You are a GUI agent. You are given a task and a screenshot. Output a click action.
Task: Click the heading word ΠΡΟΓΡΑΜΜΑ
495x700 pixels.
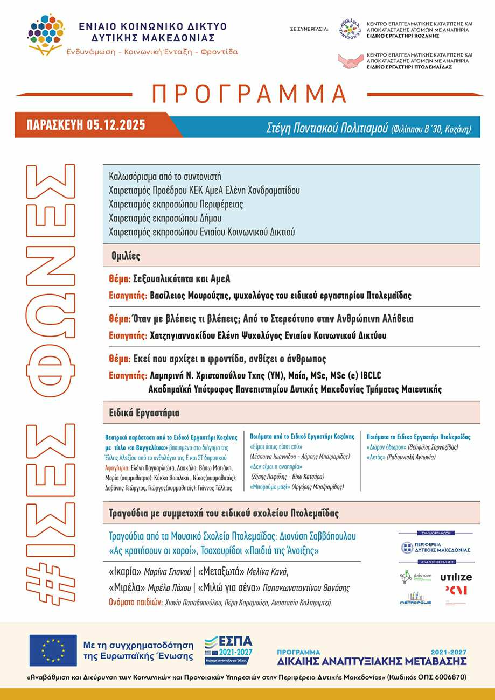[x=249, y=94]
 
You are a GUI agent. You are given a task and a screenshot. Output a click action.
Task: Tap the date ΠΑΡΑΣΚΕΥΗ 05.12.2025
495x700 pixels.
[x=86, y=125]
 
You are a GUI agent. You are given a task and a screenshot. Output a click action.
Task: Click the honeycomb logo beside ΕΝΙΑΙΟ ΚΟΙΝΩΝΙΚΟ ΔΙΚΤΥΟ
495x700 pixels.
[x=47, y=36]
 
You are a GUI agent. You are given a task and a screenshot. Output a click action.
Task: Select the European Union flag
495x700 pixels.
[x=53, y=650]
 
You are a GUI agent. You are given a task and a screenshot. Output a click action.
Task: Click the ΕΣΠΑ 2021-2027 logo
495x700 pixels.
[x=228, y=650]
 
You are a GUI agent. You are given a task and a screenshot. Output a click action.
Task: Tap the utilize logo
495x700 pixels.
[x=456, y=577]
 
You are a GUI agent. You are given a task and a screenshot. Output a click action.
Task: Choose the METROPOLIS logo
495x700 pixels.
[x=415, y=599]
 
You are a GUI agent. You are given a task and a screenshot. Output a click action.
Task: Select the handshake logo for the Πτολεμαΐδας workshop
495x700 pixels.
[x=350, y=61]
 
